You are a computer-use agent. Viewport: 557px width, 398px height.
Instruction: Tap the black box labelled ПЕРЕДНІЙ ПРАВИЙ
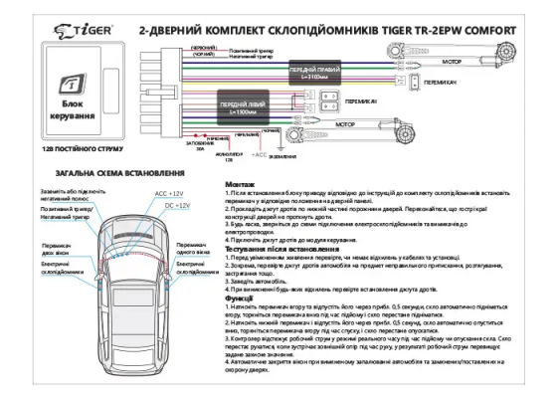316,73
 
